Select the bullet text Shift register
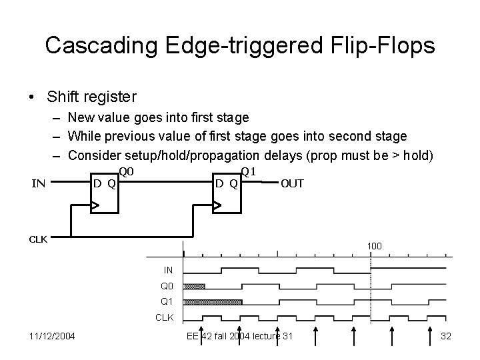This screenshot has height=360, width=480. coord(92,97)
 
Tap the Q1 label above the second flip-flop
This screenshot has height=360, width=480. coord(249,172)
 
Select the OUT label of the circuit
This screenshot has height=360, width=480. coord(293,183)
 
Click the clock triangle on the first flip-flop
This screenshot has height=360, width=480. coord(95,207)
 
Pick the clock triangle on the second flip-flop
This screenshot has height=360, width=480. coord(217,207)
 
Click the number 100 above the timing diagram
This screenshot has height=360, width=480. coord(374,247)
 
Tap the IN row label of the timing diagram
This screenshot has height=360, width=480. coord(168,270)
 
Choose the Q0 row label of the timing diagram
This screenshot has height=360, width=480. coord(167,286)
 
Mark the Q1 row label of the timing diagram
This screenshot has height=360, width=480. coord(167,301)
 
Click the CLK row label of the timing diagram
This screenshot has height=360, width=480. coord(164,317)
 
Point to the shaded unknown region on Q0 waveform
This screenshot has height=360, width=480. coord(195,287)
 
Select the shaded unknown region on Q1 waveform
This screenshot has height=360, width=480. coord(213,302)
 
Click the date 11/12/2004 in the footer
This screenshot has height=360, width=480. coord(52,335)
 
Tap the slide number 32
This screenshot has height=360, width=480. coord(446,335)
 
